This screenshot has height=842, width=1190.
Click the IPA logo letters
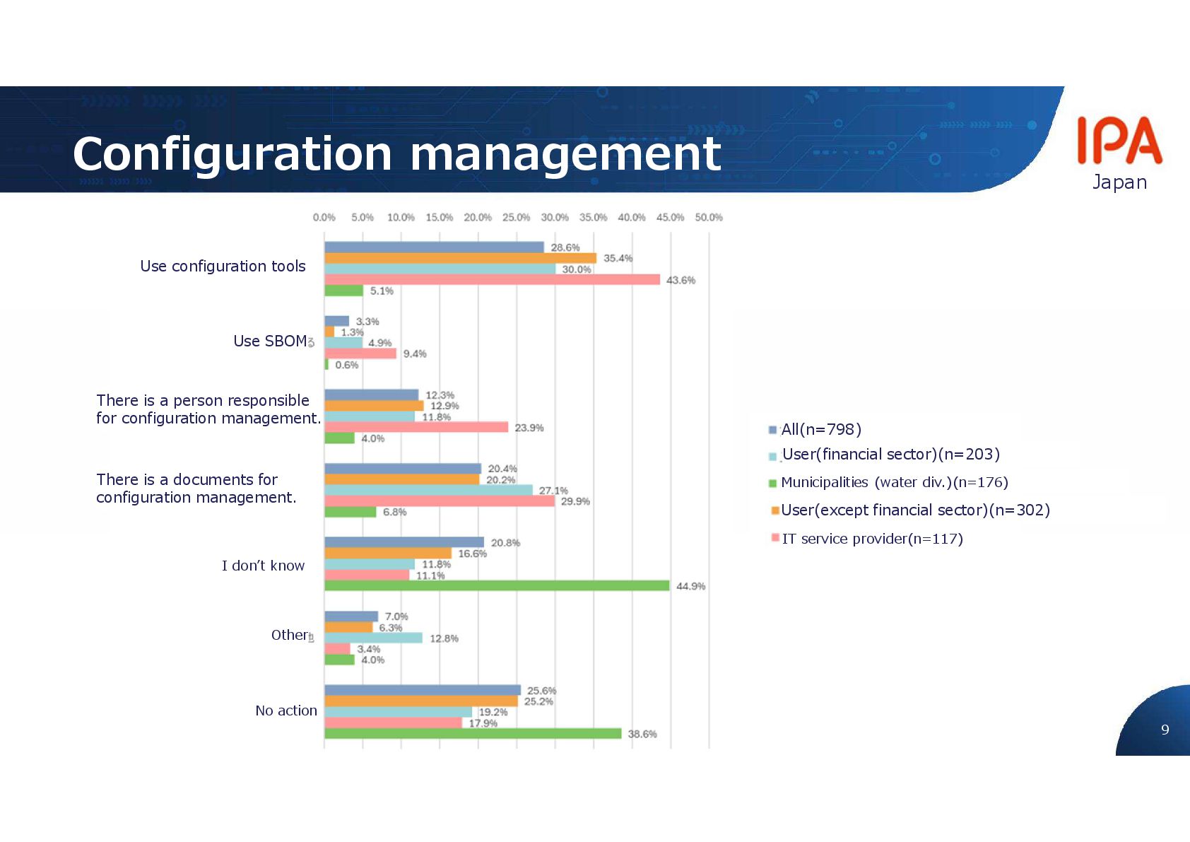point(1119,141)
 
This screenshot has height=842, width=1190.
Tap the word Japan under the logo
point(1119,182)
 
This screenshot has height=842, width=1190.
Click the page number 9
point(1165,730)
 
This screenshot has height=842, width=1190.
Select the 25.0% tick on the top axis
point(516,217)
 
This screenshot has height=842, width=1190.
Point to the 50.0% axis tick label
point(708,217)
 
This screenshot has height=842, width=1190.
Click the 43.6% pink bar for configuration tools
point(492,280)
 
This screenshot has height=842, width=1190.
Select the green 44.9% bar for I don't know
point(497,586)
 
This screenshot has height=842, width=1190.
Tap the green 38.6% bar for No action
point(473,734)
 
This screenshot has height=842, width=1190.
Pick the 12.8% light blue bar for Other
point(373,638)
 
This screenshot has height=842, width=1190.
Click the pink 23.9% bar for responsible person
point(416,427)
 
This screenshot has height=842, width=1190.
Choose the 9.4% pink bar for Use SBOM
point(360,353)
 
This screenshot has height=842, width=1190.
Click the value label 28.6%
point(565,247)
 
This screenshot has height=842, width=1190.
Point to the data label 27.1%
point(553,490)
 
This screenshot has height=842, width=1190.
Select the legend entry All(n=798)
point(820,429)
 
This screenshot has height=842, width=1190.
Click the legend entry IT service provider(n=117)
point(872,539)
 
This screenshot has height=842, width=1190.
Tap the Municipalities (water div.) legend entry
point(894,482)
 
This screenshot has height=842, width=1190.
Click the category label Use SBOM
point(270,341)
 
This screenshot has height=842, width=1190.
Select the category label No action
point(286,711)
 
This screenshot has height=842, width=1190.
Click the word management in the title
point(565,153)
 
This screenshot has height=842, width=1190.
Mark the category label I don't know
point(263,566)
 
